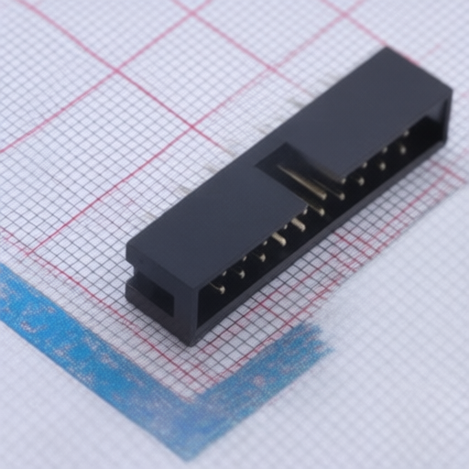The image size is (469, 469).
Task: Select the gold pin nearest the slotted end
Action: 217,289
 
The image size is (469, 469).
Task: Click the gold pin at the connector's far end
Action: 403,147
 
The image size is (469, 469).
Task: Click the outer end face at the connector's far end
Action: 448,115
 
